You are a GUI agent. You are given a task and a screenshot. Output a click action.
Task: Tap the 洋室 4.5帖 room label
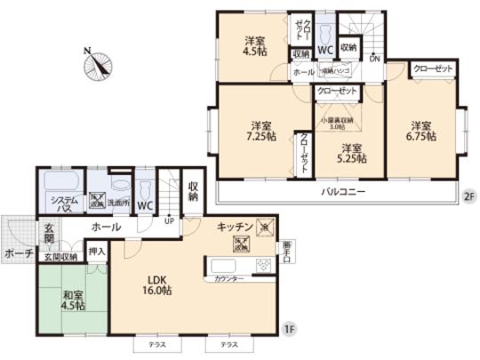point(255,44)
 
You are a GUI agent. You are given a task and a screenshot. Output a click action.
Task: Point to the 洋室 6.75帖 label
point(420,130)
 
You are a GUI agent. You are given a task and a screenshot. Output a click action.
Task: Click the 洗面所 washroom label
point(118,202)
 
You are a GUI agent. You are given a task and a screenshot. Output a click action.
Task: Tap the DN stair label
point(374,60)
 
